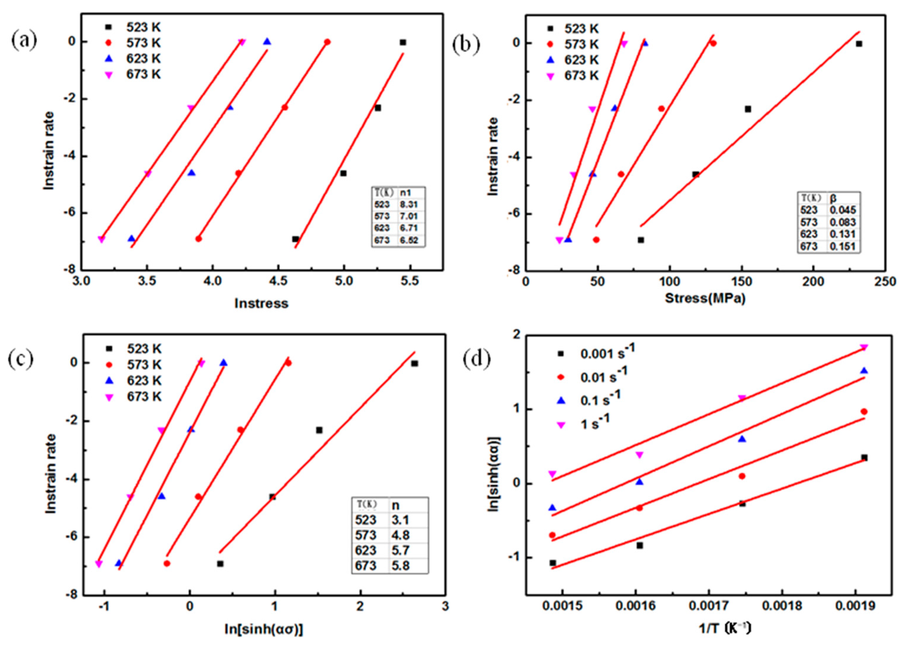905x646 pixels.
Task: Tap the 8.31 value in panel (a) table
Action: click(409, 205)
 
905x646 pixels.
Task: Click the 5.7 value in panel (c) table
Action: click(400, 550)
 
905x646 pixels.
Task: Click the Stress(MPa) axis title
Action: click(705, 298)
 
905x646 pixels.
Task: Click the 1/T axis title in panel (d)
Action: click(725, 628)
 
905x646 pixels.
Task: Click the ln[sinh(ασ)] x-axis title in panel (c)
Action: click(264, 629)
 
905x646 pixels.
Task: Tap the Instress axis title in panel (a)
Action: click(261, 303)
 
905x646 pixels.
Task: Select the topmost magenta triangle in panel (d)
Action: click(863, 347)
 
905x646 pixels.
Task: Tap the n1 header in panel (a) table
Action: click(406, 193)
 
